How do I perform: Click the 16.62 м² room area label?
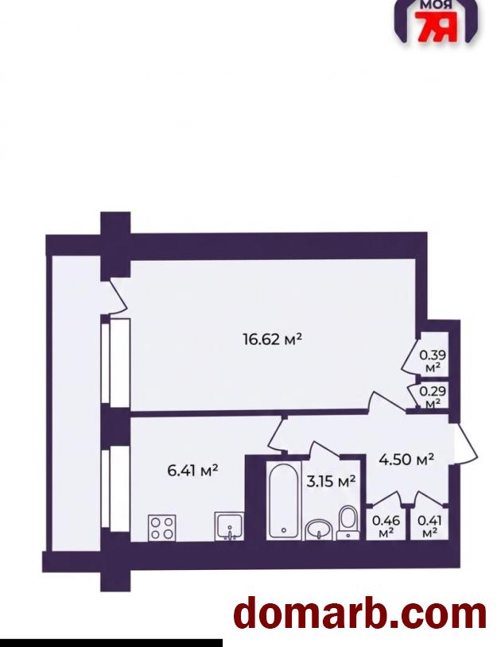[273, 339]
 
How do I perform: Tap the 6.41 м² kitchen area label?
[192, 471]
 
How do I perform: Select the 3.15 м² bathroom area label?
[331, 481]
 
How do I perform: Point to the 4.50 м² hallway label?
[406, 459]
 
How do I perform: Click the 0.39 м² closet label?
[433, 361]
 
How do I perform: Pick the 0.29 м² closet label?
[433, 397]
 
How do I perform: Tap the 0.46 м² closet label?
[386, 526]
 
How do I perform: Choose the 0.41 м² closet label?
[429, 526]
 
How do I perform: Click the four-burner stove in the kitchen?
[161, 528]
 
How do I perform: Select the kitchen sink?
[229, 526]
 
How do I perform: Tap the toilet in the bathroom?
[348, 522]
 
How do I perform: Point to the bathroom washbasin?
[318, 530]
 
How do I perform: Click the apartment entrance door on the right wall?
[465, 444]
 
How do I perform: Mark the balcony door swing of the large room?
[117, 296]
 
